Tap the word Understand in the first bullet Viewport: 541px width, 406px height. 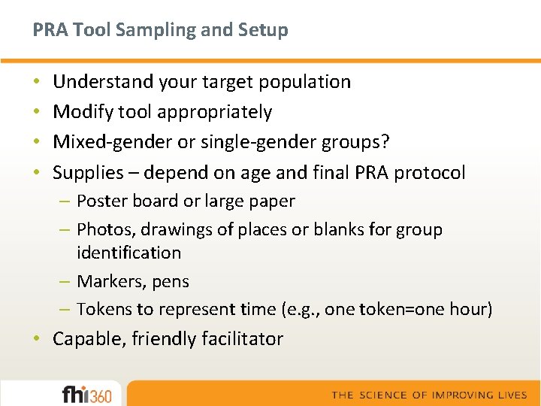tap(101, 81)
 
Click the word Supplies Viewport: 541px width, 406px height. tap(87, 173)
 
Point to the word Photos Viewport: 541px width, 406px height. tap(101, 229)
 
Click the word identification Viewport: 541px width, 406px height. tap(128, 253)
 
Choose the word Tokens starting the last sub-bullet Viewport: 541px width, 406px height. tap(101, 309)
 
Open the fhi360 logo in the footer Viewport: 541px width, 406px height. tap(86, 394)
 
